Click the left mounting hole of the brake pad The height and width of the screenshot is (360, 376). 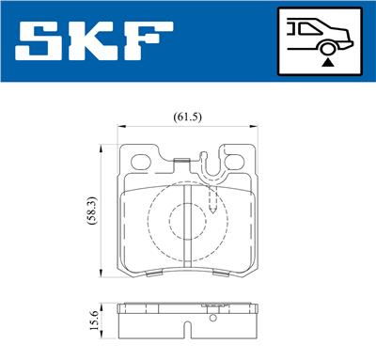143,160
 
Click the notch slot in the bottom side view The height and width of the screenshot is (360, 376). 188,329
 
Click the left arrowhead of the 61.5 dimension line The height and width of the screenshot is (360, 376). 123,129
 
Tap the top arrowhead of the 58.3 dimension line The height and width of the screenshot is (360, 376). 102,149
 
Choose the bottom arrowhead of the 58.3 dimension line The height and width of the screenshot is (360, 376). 102,274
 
